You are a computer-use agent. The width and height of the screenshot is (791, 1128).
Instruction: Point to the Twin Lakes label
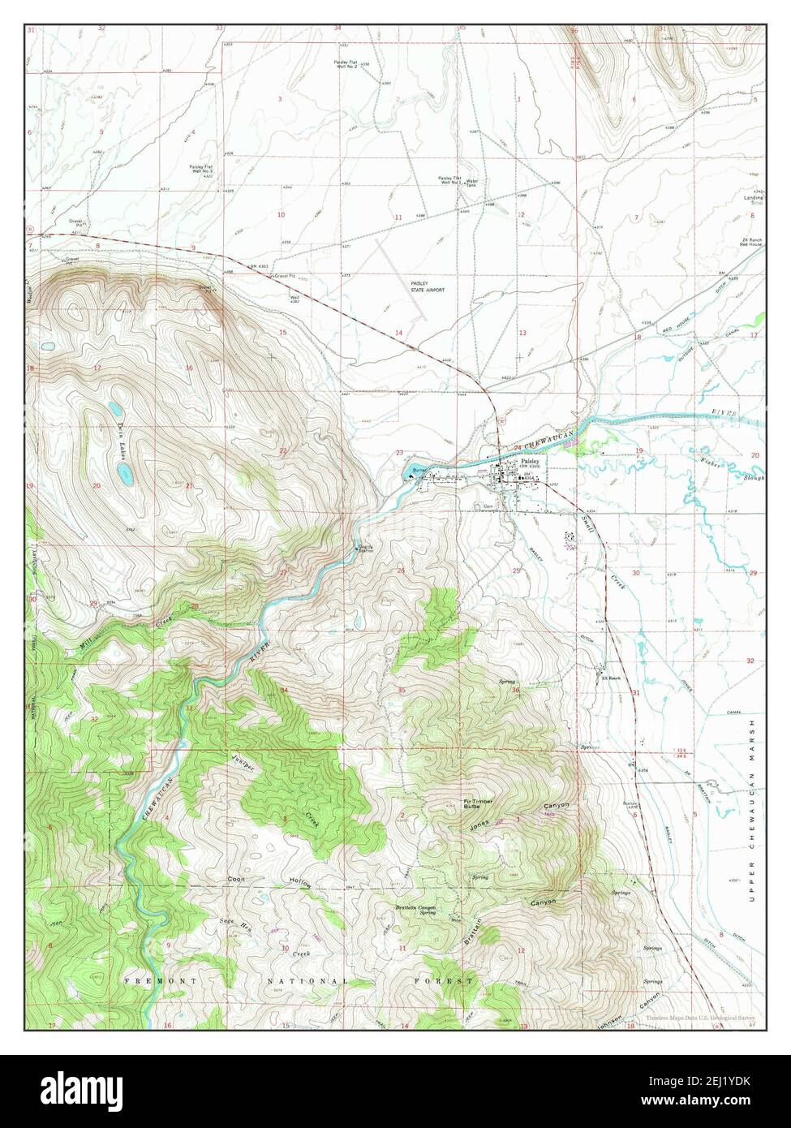tap(118, 439)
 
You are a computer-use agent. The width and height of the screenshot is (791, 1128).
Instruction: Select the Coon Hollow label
tap(268, 880)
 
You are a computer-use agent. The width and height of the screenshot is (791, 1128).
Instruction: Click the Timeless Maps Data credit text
tap(702, 1018)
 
